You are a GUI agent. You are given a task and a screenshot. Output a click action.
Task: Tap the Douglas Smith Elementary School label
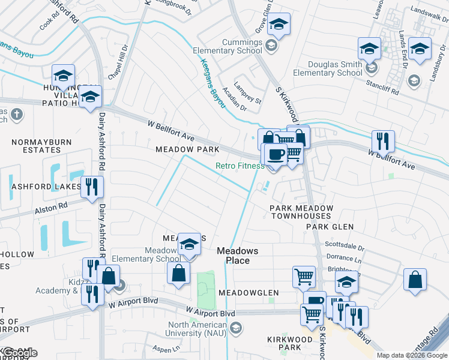[328, 68]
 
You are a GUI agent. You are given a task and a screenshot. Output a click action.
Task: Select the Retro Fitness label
[240, 166]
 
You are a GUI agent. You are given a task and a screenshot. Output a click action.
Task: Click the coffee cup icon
[276, 155]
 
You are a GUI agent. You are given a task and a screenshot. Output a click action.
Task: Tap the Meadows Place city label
[237, 256]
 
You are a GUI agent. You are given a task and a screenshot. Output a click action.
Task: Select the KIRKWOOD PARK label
[290, 344]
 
